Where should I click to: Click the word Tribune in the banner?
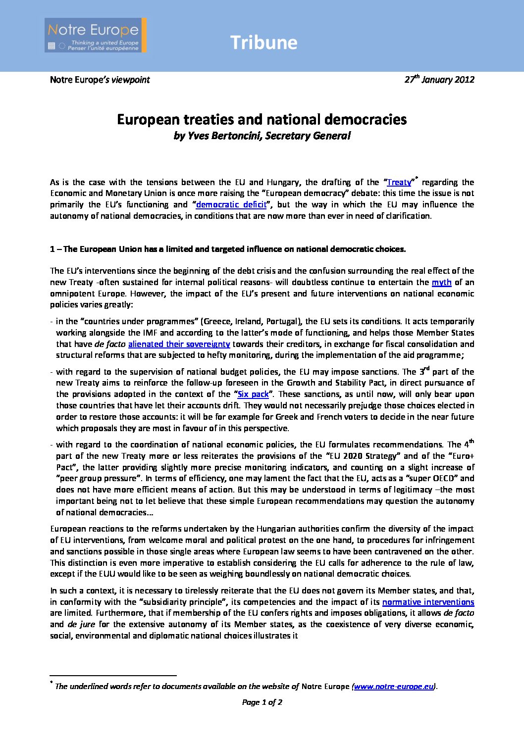263,43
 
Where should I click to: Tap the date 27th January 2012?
439,80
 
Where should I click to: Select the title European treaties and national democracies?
262,120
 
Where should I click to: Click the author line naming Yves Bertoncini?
262,136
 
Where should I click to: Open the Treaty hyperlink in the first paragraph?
399,182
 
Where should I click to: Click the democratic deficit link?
231,204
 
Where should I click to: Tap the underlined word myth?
441,282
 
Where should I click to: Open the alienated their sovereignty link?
179,344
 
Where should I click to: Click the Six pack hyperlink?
253,395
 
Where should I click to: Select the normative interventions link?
428,602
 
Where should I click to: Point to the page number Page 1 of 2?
262,702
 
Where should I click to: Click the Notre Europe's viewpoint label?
100,80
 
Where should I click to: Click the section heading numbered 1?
228,249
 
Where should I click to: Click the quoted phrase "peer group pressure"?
96,479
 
